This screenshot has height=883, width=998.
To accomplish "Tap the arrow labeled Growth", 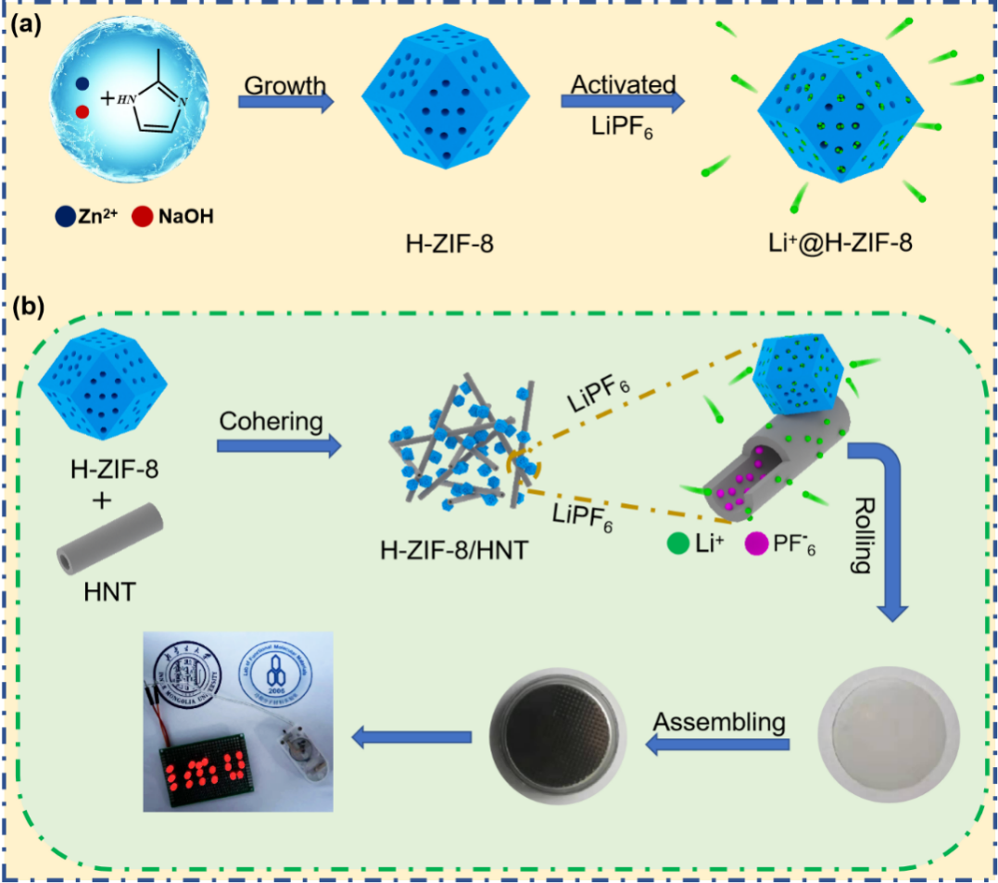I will tap(285, 103).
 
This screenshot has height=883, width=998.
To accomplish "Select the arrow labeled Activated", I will tap(623, 101).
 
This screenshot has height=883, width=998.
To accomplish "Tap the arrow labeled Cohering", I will tap(278, 446).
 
